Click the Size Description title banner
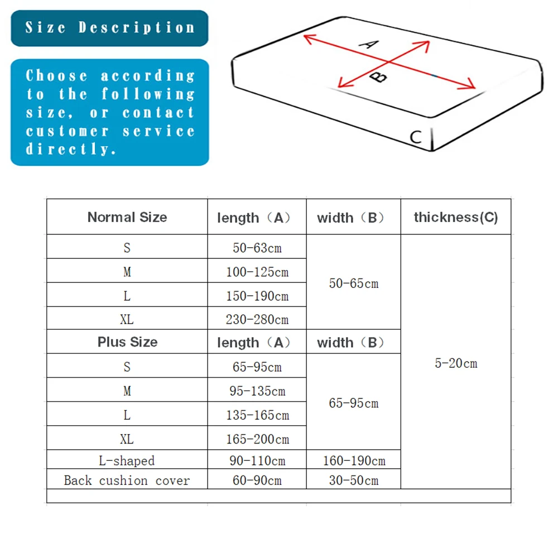109,28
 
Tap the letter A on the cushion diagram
368,43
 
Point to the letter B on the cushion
379,76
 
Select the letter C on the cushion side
416,137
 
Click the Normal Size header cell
127,217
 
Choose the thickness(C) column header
456,217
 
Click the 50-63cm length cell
257,248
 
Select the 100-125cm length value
257,272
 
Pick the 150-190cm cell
257,296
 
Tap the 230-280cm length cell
257,319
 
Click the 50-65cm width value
354,283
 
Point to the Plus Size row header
127,342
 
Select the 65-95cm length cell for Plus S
257,367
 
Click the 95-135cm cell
257,391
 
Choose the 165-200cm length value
257,439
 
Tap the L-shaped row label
127,460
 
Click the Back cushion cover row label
127,480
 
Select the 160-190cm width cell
354,460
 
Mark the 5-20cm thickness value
456,363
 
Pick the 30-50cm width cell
354,480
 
